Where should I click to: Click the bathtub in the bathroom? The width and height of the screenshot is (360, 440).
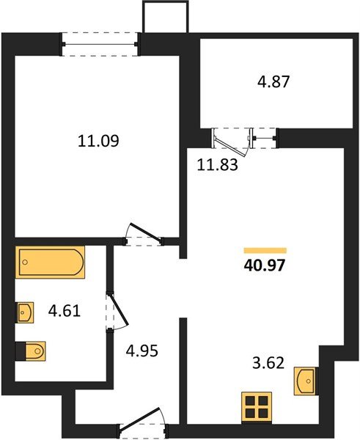coord(51,263)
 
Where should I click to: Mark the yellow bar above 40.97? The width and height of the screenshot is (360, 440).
coord(265,250)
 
